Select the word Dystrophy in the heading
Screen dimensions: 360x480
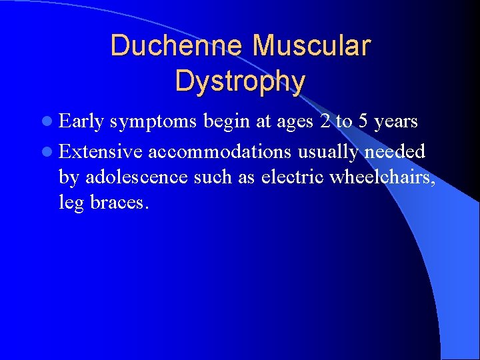pos(240,81)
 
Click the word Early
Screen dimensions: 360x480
pos(81,122)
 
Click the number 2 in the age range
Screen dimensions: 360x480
pos(323,122)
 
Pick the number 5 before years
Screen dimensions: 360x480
pos(363,122)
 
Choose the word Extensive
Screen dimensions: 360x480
pos(101,151)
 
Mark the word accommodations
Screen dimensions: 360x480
pos(219,151)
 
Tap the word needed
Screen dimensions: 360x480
pos(395,151)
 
